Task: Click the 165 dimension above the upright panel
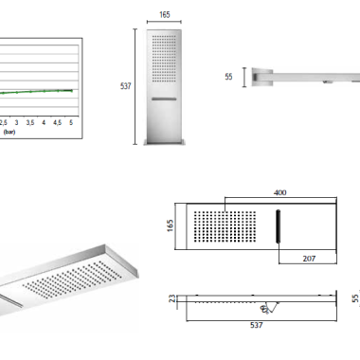tap(165, 15)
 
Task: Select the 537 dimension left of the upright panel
tap(125, 86)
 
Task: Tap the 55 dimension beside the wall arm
tap(228, 77)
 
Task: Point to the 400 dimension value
tap(280, 192)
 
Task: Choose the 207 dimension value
tap(309, 259)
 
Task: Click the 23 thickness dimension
tap(172, 298)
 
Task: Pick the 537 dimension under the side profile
tap(256, 325)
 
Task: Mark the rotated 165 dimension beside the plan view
tap(170, 225)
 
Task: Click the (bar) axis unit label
tap(9, 132)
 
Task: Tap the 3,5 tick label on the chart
tap(30, 122)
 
